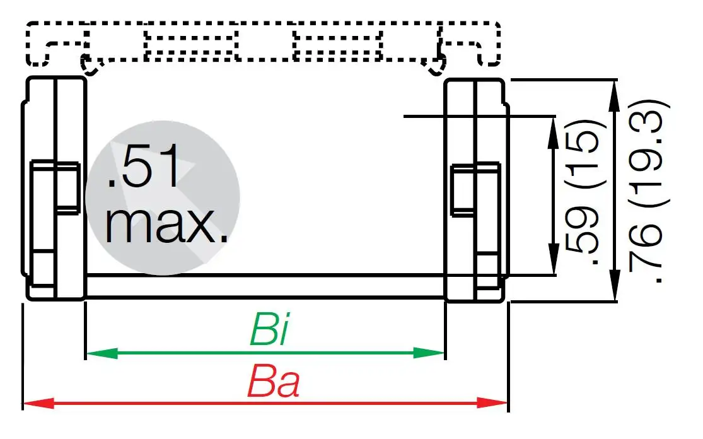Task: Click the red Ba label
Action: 273,383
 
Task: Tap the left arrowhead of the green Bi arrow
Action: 95,353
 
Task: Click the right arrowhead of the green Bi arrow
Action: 436,353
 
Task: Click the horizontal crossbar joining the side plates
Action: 265,286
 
